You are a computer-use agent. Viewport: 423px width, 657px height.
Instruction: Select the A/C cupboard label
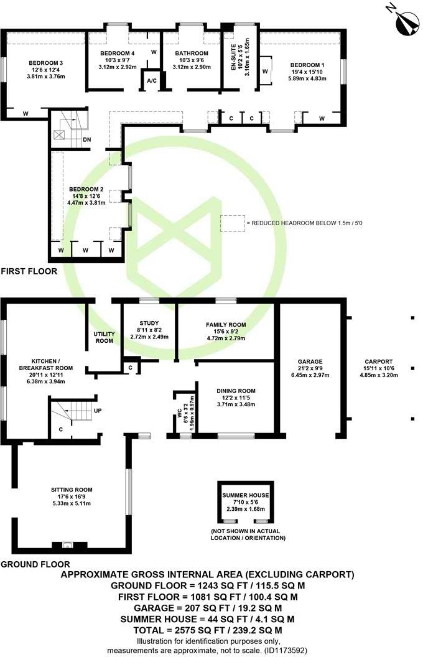point(151,80)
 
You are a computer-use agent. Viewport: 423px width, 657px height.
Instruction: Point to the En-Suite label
point(234,55)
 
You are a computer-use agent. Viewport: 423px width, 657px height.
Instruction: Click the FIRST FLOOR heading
point(29,271)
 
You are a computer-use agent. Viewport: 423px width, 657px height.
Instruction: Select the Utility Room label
point(104,337)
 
